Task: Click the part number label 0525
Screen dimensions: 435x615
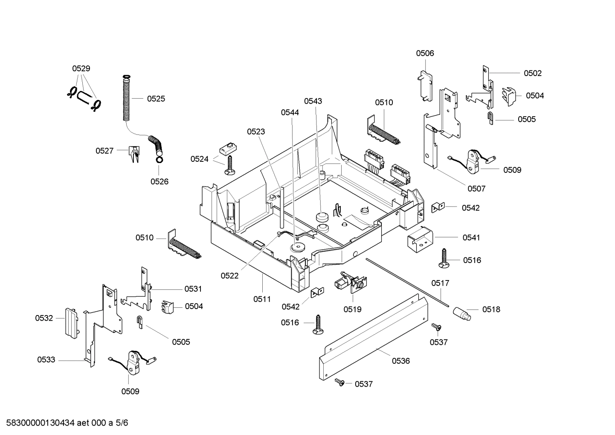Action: [156, 99]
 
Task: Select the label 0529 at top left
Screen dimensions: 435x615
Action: [81, 68]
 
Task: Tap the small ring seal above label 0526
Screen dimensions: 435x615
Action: [159, 160]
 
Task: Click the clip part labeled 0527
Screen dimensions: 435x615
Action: [134, 153]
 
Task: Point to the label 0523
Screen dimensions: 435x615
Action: [256, 131]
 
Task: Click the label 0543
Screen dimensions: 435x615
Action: [313, 101]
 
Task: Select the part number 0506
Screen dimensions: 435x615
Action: [425, 53]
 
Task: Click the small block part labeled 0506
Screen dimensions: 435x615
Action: [424, 86]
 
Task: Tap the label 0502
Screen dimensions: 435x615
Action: [532, 73]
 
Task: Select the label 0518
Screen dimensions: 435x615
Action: [491, 309]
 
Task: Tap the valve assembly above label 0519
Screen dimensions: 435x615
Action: [351, 283]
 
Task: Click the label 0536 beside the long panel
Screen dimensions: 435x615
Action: [400, 361]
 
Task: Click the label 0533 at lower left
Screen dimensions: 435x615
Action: [46, 360]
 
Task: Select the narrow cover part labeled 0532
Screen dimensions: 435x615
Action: [70, 322]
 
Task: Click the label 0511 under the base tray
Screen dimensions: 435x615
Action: [262, 299]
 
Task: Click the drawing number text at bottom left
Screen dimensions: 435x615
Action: [64, 423]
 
